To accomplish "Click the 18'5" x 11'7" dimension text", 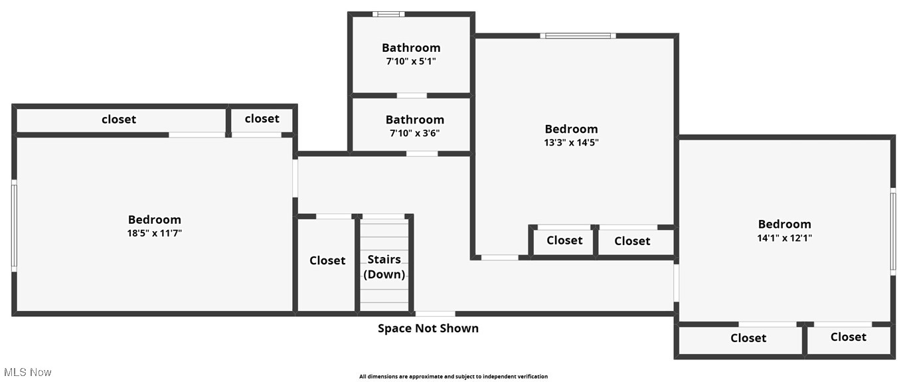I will (154, 233).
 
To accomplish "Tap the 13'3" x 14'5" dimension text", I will (571, 142).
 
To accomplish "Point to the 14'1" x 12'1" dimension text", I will (784, 238).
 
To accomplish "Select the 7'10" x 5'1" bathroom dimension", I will (411, 61).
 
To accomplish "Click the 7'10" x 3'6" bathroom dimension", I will (414, 133).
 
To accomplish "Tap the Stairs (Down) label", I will (384, 267).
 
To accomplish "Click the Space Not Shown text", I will (428, 328).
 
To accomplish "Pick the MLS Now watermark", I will (27, 372).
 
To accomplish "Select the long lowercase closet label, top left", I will (119, 120).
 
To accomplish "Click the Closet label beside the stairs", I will (327, 260).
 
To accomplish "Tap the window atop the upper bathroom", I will (388, 14).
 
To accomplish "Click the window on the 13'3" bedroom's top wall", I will (578, 35).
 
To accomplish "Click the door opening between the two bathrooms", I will (412, 96).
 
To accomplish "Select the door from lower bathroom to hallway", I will (422, 153).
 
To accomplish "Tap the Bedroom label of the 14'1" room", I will (784, 224).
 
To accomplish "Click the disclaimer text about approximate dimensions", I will (453, 377).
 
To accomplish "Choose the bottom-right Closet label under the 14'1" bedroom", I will (848, 337).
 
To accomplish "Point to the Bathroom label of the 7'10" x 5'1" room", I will (411, 48).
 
